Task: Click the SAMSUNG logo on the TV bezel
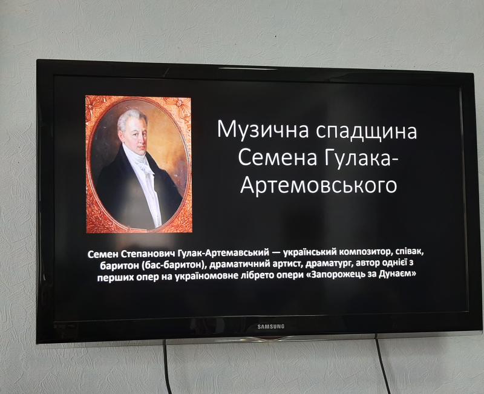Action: coord(270,326)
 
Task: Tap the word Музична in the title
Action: coord(263,130)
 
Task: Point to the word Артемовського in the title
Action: coord(318,185)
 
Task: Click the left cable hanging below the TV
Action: coord(167,367)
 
